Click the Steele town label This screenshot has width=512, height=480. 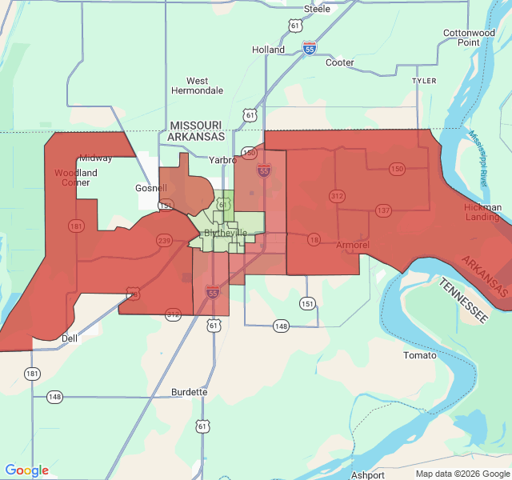click(317, 9)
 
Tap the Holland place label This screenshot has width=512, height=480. click(268, 50)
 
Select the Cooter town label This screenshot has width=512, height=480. click(339, 62)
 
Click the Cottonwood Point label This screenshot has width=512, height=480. click(469, 38)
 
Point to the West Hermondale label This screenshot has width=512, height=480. click(197, 86)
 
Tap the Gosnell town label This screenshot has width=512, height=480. click(150, 189)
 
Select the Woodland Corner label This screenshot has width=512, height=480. click(76, 177)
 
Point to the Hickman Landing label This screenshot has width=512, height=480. click(482, 212)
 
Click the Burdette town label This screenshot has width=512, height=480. click(190, 392)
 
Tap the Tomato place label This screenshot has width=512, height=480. click(420, 355)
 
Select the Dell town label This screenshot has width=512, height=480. click(70, 338)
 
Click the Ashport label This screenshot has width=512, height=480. click(367, 474)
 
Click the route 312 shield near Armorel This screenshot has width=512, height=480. click(337, 196)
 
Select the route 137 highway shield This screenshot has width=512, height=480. click(383, 210)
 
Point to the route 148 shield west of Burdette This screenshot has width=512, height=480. click(54, 397)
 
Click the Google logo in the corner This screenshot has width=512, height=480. click(27, 470)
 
